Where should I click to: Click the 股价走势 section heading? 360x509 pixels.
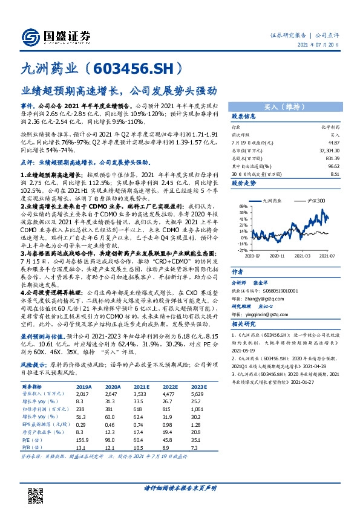click(x=245, y=182)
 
